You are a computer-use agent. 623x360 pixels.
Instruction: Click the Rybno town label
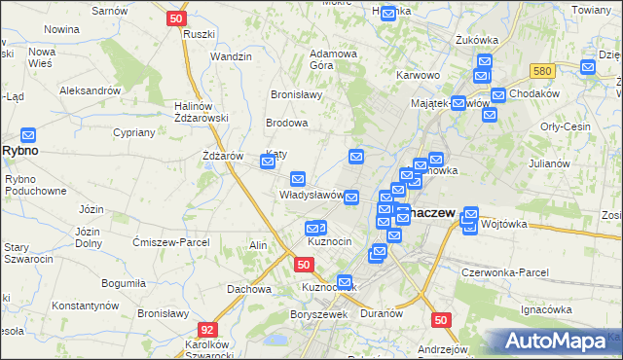(x=19, y=151)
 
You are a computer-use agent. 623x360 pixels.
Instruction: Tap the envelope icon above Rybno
(x=28, y=135)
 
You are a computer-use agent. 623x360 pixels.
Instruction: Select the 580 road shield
(x=543, y=71)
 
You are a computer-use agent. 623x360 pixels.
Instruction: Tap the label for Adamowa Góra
(x=334, y=58)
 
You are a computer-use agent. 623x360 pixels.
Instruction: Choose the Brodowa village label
(x=287, y=124)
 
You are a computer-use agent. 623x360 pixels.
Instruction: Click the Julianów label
(x=549, y=162)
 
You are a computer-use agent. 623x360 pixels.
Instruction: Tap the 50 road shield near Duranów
(x=441, y=319)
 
